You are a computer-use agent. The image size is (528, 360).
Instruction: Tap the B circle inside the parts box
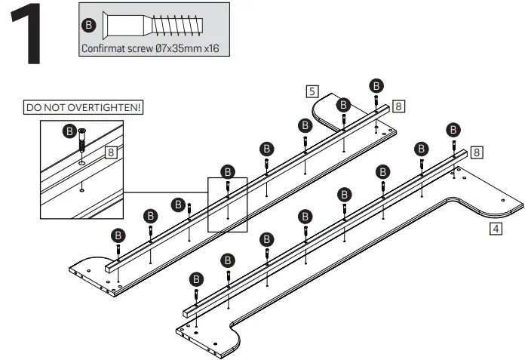point(90,26)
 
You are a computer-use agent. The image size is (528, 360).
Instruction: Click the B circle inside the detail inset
point(69,131)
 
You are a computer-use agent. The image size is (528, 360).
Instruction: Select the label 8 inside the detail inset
point(112,152)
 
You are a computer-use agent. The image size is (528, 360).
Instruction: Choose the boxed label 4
point(495,228)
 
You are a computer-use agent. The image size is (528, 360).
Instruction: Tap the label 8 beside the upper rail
point(399,106)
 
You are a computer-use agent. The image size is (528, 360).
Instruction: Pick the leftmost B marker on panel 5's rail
point(118,234)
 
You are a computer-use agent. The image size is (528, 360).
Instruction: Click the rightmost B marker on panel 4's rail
point(453,129)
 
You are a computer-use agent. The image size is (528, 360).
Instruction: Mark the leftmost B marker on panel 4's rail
point(196,278)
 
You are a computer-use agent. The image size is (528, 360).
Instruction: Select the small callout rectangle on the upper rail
point(227,204)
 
